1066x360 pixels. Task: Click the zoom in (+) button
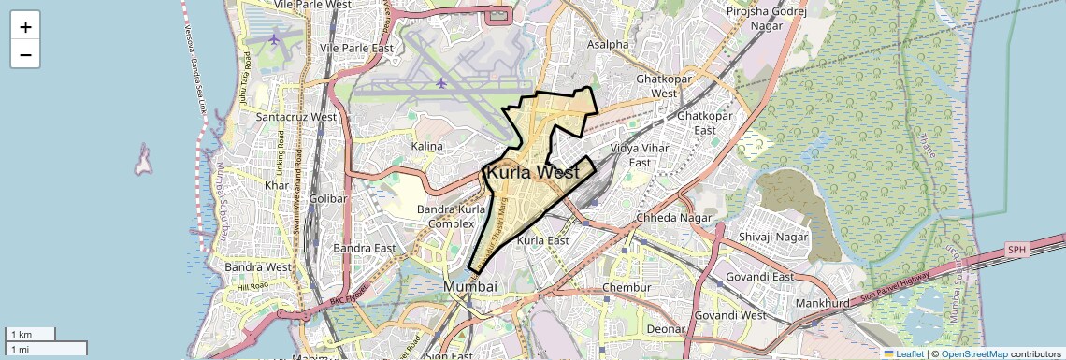click(x=25, y=26)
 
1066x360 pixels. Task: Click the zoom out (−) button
click(x=25, y=54)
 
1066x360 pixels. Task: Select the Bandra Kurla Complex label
click(x=445, y=215)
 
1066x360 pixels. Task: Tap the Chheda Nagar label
click(x=673, y=218)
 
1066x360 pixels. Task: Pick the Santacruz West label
click(x=296, y=117)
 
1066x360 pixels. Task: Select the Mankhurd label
click(x=822, y=304)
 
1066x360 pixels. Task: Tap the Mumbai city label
click(x=469, y=285)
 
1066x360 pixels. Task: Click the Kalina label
click(x=427, y=146)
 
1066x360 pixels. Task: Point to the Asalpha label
click(x=608, y=44)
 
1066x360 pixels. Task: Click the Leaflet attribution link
click(x=903, y=353)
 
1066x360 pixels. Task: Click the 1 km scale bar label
click(x=21, y=335)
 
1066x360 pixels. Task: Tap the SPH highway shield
click(x=1016, y=250)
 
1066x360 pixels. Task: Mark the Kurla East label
click(x=542, y=240)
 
